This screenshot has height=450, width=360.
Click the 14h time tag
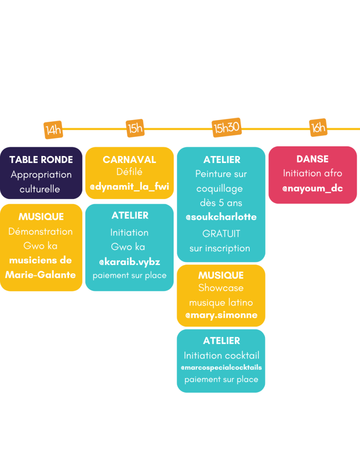pos(53,130)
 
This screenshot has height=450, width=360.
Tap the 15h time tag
pos(135,128)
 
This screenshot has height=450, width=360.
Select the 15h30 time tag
pos(226,127)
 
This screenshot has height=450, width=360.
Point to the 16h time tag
pos(318,127)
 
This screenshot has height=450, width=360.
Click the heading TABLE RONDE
pos(41,160)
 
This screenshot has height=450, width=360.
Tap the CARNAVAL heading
pos(130,160)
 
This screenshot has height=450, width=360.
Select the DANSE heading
pos(313,159)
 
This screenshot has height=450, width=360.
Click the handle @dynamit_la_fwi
pos(130,186)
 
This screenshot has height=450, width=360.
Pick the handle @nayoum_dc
pos(313,188)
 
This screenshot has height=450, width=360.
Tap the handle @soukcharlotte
pos(221,217)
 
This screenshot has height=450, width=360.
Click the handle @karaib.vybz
pos(130,262)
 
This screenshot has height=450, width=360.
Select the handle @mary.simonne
pos(221,315)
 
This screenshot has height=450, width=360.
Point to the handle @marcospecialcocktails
pos(221,368)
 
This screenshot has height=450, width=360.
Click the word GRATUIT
pos(221,234)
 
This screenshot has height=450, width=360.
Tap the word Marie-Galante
pos(40,275)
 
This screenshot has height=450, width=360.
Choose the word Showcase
pos(221,288)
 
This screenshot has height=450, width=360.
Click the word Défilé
pos(130,172)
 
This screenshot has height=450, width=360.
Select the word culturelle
pos(40,189)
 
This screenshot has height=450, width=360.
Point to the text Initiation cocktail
pos(222,356)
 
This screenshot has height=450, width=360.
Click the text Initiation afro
pos(313,173)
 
